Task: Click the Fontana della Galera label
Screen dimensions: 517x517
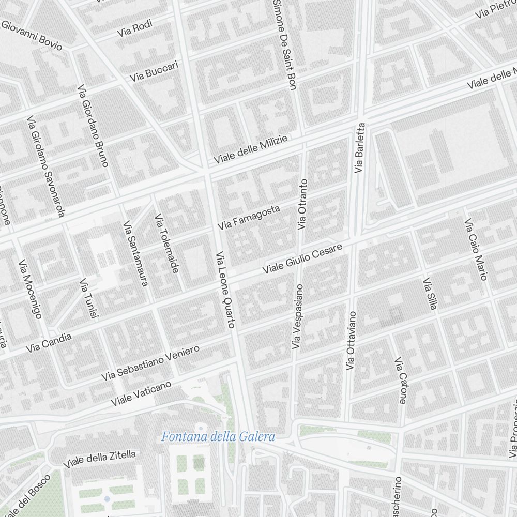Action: click(x=218, y=437)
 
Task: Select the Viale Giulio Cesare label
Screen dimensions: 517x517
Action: click(x=302, y=259)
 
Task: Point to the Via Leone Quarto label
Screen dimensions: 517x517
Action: click(x=225, y=290)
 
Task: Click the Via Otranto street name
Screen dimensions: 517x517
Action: click(x=302, y=204)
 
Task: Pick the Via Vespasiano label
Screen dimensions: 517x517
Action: click(x=297, y=315)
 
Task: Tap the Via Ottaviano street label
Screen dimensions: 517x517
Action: click(x=351, y=340)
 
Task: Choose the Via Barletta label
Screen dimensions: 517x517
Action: click(x=360, y=147)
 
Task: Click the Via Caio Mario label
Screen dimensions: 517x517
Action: click(x=476, y=250)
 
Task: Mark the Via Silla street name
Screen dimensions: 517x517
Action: click(x=430, y=295)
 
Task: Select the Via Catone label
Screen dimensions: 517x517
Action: click(x=400, y=380)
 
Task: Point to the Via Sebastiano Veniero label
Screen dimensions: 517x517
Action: click(x=150, y=363)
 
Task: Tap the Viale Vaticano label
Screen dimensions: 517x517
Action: click(x=141, y=393)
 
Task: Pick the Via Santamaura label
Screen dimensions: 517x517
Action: click(x=135, y=253)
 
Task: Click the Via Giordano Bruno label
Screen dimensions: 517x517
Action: click(x=93, y=126)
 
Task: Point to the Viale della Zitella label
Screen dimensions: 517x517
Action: click(x=100, y=459)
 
